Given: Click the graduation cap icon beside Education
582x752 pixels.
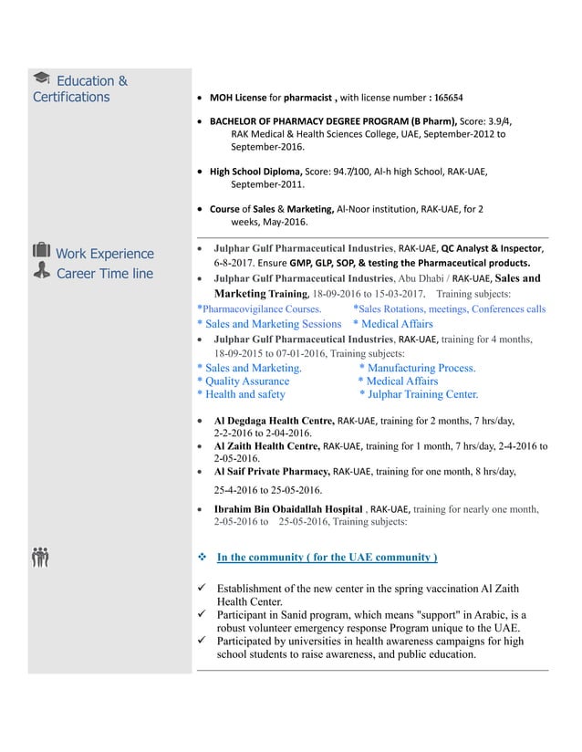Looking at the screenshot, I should (41, 80).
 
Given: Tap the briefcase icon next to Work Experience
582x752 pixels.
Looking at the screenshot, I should (41, 253).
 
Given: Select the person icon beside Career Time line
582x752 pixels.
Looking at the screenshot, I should (41, 272).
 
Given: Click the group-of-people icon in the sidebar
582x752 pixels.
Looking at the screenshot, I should (40, 556).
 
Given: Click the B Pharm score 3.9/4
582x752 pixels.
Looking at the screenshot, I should (494, 120).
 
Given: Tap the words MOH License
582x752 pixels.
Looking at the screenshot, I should (240, 97).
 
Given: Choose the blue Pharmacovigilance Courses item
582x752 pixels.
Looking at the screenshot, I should (258, 309).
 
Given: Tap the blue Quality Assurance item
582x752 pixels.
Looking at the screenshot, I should (243, 381).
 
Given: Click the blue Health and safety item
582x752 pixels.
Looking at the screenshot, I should (241, 394).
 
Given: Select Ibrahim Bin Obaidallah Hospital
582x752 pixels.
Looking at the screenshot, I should (287, 509).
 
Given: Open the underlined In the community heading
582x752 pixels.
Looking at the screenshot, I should (326, 557).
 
